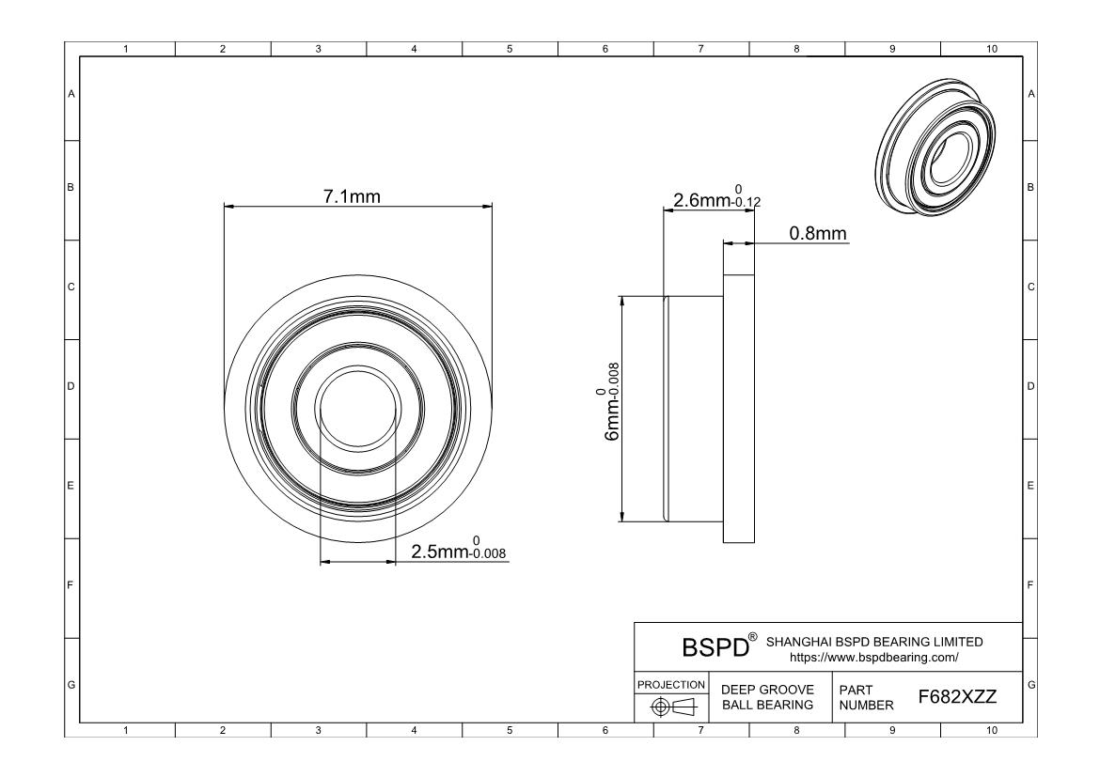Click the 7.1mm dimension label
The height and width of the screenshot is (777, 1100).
point(352,196)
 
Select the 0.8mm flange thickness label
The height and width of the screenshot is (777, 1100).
point(818,233)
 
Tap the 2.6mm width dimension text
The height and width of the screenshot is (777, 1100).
point(702,200)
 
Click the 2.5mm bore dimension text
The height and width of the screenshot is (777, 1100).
point(440,552)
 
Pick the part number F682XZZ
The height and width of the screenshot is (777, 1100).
point(957,697)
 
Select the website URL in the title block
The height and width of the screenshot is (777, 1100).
point(873,658)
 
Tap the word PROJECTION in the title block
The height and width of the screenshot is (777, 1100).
point(670,684)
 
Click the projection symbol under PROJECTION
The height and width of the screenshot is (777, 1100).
point(672,707)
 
